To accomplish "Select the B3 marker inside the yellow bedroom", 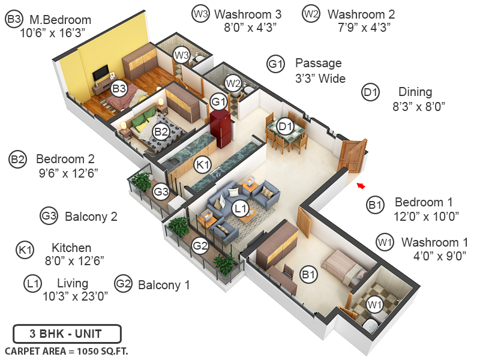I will click(x=119, y=88).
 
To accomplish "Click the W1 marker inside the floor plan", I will click(x=375, y=305).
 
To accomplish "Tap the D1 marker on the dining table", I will click(x=286, y=127).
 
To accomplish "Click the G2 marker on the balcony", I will click(x=200, y=244).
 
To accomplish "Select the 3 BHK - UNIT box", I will click(x=67, y=333).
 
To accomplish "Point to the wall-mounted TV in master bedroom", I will click(x=100, y=73).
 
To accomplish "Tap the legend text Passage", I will click(x=318, y=63).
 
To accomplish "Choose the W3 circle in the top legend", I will click(x=200, y=13).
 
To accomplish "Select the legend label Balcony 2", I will click(x=91, y=216).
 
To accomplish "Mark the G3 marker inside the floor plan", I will click(x=161, y=193).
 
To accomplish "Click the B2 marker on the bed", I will click(x=160, y=132).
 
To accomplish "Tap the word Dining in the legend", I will click(x=415, y=92).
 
